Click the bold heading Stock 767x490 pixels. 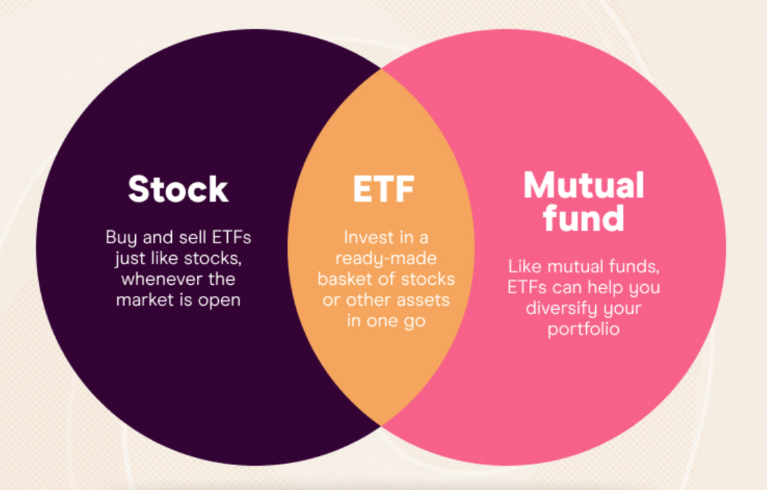pyautogui.click(x=178, y=189)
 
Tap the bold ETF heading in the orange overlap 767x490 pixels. pyautogui.click(x=384, y=189)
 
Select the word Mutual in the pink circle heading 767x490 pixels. pyautogui.click(x=583, y=185)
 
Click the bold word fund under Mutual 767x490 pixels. pyautogui.click(x=583, y=218)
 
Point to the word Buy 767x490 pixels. pyautogui.click(x=121, y=238)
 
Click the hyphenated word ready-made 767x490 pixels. pyautogui.click(x=386, y=259)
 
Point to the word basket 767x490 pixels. pyautogui.click(x=344, y=279)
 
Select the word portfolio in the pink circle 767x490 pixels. pyautogui.click(x=583, y=329)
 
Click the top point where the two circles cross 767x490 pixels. pyautogui.click(x=381, y=69)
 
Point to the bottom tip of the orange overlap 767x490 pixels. pyautogui.click(x=381, y=426)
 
